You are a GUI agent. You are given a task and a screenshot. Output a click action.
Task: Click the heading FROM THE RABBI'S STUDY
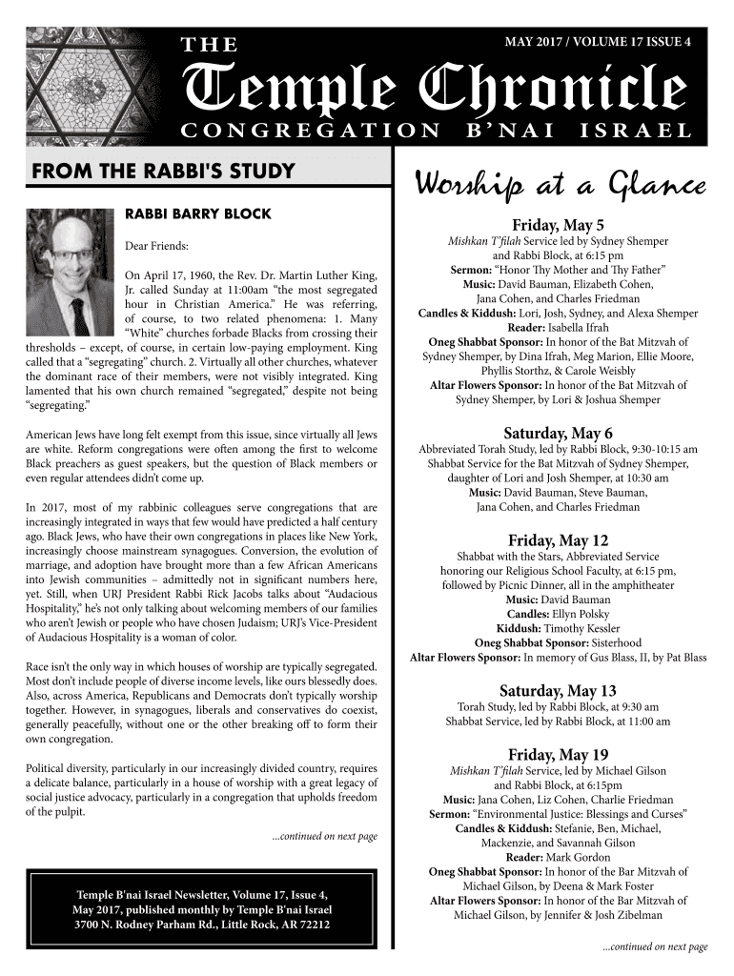coord(163,173)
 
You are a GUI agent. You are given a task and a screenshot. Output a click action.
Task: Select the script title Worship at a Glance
coord(559,183)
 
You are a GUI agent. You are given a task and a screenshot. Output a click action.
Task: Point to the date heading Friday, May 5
coord(559,226)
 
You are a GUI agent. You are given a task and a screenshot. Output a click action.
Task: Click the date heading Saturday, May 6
coord(559,432)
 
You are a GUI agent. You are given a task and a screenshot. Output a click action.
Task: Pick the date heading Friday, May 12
coord(559,539)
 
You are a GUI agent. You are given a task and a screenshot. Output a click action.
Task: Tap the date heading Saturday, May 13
coord(559,690)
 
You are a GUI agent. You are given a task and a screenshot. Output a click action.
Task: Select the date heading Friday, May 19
coord(559,754)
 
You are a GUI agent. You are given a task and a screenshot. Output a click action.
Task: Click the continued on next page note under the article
coord(324,836)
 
